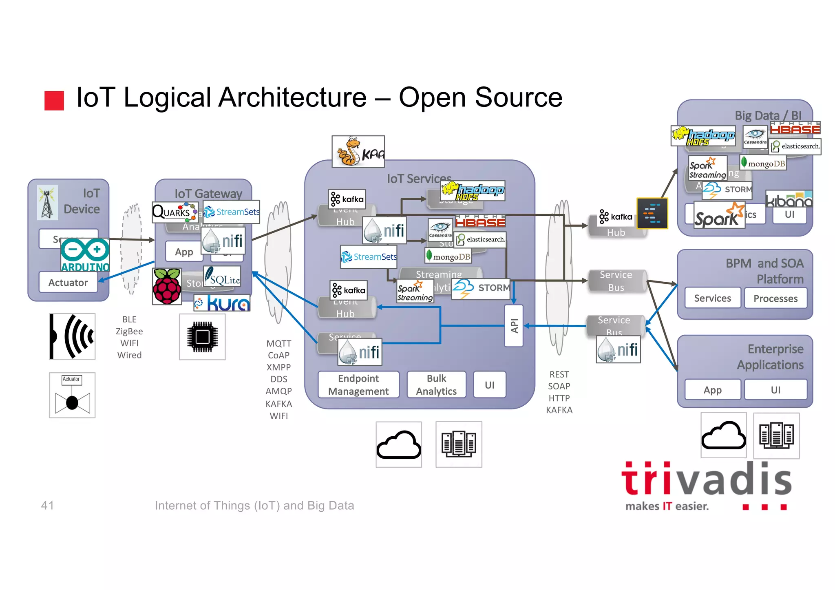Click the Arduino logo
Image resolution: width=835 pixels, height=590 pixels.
coord(85,255)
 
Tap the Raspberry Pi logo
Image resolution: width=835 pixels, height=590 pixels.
coord(167,286)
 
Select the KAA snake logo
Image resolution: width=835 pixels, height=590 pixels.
coord(358,152)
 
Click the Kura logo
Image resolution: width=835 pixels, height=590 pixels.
coord(222,303)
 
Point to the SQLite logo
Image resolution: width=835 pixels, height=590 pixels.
coord(222,277)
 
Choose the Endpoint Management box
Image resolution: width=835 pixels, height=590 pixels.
coord(358,384)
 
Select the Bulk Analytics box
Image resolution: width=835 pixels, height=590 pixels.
coord(436,384)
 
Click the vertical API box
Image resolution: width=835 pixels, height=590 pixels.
coord(514,325)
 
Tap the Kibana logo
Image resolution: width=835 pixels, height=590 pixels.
coord(789,199)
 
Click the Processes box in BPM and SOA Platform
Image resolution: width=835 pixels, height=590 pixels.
coord(775,298)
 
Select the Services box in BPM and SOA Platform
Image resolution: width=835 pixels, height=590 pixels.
coord(712,298)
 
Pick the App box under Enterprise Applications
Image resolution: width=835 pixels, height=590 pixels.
coord(712,390)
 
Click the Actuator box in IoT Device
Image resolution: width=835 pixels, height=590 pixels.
coord(68,282)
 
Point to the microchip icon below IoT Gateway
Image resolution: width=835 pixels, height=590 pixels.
coord(202,337)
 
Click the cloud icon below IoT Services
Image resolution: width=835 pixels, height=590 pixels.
coord(398,444)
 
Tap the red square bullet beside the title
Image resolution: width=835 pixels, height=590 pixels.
coord(54,101)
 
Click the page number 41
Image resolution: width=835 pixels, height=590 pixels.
coord(47,505)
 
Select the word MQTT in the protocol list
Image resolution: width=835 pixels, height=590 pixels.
coord(278,343)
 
